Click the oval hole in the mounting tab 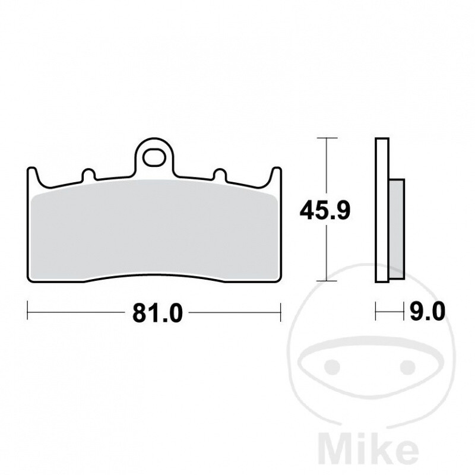pyautogui.click(x=156, y=159)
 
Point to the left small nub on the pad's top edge pyautogui.click(x=88, y=175)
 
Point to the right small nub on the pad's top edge pyautogui.click(x=220, y=175)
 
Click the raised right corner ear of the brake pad pyautogui.click(x=275, y=175)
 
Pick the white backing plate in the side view pyautogui.click(x=382, y=211)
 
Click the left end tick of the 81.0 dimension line pyautogui.click(x=28, y=309)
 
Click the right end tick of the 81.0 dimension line pyautogui.click(x=280, y=309)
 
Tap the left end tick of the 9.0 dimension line pyautogui.click(x=376, y=309)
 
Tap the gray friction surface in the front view pyautogui.click(x=154, y=232)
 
